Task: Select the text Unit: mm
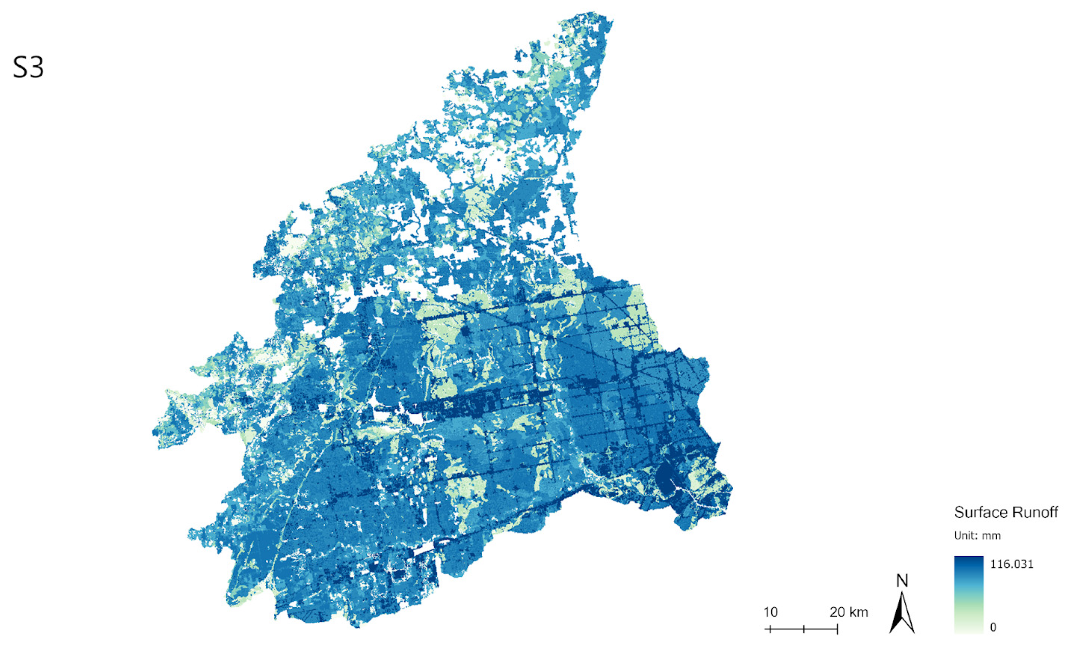click(977, 536)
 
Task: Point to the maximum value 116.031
click(1011, 565)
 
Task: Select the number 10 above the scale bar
click(770, 612)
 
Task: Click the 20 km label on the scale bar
click(848, 612)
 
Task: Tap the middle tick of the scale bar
click(804, 629)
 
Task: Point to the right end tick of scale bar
click(837, 629)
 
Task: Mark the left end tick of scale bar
click(770, 629)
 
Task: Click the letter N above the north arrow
click(902, 581)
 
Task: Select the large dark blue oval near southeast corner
click(664, 478)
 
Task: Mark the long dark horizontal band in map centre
click(477, 404)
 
